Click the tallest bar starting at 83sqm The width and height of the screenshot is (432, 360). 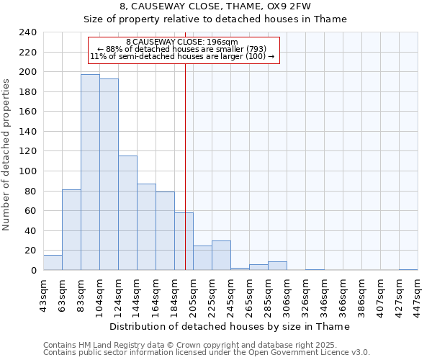pyautogui.click(x=90, y=173)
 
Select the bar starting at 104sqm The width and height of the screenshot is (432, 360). pyautogui.click(x=109, y=175)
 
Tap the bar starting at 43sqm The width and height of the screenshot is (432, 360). pyautogui.click(x=53, y=263)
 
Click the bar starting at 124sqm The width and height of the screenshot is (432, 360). pyautogui.click(x=127, y=213)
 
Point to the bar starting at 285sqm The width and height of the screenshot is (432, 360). pyautogui.click(x=277, y=266)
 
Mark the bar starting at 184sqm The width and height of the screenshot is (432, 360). pyautogui.click(x=184, y=242)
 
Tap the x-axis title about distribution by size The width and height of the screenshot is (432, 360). pyautogui.click(x=230, y=326)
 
